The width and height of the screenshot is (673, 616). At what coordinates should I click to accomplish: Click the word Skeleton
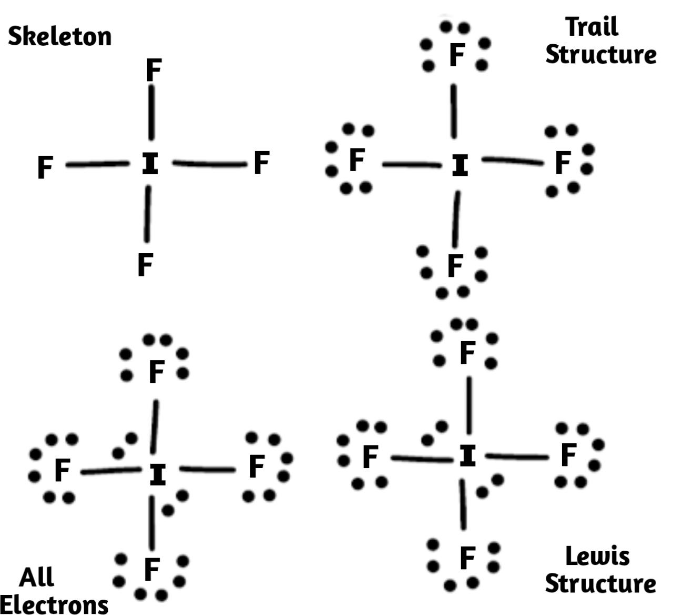pyautogui.click(x=59, y=36)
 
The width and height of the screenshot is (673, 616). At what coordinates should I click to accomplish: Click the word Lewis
pyautogui.click(x=597, y=556)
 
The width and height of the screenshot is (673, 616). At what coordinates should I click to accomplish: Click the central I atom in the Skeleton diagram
pyautogui.click(x=150, y=164)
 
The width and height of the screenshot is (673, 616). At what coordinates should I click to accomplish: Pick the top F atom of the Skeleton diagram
pyautogui.click(x=153, y=70)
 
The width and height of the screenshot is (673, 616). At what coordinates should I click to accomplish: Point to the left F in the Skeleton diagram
pyautogui.click(x=45, y=168)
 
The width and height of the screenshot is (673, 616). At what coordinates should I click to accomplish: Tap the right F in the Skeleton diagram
pyautogui.click(x=261, y=163)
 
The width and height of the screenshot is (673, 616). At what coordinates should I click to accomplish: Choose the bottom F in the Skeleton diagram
pyautogui.click(x=145, y=264)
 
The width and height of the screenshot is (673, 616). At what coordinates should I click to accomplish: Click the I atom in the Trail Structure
pyautogui.click(x=460, y=166)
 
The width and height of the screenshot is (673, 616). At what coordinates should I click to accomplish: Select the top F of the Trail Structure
pyautogui.click(x=457, y=55)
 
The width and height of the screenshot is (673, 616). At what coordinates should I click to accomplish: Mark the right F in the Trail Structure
pyautogui.click(x=563, y=162)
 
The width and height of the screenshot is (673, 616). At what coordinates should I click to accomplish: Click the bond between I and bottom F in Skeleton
pyautogui.click(x=148, y=214)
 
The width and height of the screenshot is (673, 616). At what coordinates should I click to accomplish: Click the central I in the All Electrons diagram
pyautogui.click(x=158, y=474)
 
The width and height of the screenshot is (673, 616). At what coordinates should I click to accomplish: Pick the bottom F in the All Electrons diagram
pyautogui.click(x=151, y=570)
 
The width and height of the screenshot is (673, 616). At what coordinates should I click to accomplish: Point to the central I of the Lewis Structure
pyautogui.click(x=467, y=456)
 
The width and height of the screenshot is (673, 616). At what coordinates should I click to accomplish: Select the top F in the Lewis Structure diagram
pyautogui.click(x=467, y=353)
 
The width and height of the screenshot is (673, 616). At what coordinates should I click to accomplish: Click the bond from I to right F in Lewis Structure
pyautogui.click(x=517, y=457)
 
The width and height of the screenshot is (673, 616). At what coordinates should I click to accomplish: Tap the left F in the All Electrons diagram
pyautogui.click(x=62, y=470)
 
